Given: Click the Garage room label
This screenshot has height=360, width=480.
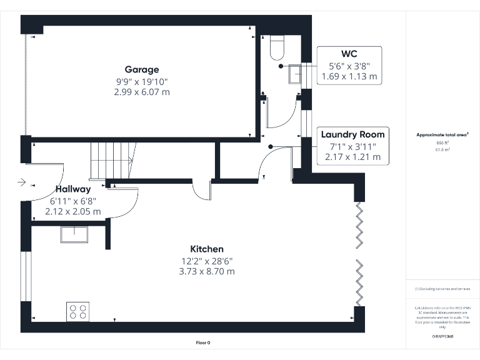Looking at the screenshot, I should [141, 70].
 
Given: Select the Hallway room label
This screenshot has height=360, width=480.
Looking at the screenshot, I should [72, 189].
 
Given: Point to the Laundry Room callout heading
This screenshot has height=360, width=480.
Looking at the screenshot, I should [352, 134].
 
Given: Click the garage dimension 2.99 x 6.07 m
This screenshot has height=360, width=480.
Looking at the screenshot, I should [141, 92].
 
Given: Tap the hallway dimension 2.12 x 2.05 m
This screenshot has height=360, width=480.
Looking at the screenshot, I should [72, 211].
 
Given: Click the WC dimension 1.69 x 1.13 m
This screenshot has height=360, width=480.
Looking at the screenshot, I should [349, 76].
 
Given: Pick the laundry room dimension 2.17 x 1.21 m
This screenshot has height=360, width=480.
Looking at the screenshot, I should [352, 157].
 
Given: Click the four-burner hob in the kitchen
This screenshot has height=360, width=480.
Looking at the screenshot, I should [77, 311].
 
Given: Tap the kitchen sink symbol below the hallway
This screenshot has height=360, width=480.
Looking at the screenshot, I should [74, 234].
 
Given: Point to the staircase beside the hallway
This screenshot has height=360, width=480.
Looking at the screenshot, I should [113, 160].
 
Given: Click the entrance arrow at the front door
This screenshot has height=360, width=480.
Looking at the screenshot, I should [22, 182].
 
